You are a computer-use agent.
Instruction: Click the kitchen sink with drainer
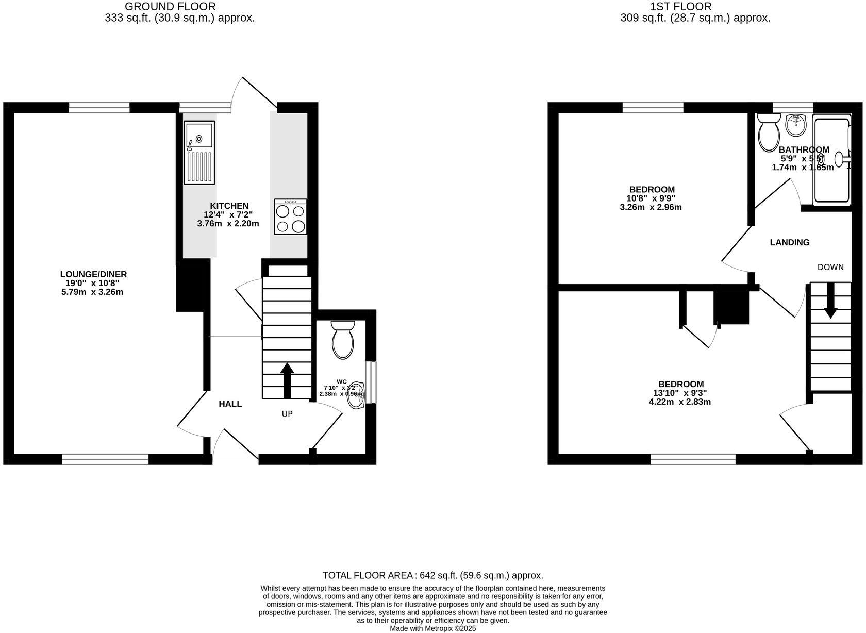(199, 153)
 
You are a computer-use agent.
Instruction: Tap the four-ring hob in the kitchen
(290, 216)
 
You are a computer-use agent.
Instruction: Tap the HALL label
(230, 404)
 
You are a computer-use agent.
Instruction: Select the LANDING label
(789, 242)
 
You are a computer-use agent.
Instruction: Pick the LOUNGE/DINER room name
(93, 274)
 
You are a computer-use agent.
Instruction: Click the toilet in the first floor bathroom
(769, 132)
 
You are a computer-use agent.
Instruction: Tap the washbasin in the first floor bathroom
(796, 125)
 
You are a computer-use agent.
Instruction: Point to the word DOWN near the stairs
(830, 267)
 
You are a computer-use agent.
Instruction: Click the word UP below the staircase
(287, 414)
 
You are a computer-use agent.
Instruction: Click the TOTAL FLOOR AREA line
(432, 575)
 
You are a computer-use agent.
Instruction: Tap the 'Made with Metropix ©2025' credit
(432, 628)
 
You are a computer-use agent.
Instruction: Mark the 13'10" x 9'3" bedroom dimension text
(680, 393)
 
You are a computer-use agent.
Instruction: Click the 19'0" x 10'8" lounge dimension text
(93, 283)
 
